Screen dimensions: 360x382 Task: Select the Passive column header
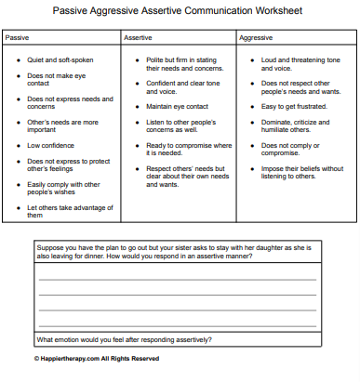(18, 38)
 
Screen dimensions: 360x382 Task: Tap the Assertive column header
(138, 38)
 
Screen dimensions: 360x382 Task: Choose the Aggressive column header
(257, 38)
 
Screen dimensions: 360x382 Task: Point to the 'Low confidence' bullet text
(52, 144)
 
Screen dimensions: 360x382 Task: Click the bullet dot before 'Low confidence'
(17, 144)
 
